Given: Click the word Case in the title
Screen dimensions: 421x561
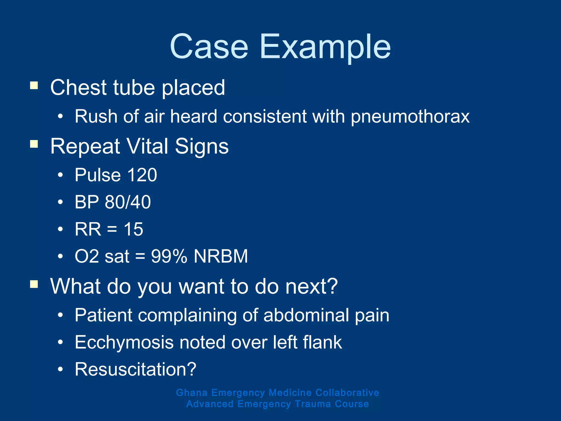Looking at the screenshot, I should [x=209, y=47].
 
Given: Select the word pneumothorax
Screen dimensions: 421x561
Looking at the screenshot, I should [x=410, y=116].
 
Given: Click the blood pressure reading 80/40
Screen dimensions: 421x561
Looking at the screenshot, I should [x=128, y=202].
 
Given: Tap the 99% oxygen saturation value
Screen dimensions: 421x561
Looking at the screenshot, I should [x=169, y=256].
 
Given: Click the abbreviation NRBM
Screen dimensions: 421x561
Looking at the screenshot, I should [x=221, y=256].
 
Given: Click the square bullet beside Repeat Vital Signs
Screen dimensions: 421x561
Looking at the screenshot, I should [x=34, y=144].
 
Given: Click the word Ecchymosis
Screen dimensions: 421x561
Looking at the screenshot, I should [x=124, y=342].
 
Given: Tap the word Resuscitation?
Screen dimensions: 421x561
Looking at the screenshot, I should [x=136, y=369].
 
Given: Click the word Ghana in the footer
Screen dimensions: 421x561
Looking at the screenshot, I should [x=192, y=392].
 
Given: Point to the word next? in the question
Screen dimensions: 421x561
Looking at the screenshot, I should [x=311, y=286].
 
